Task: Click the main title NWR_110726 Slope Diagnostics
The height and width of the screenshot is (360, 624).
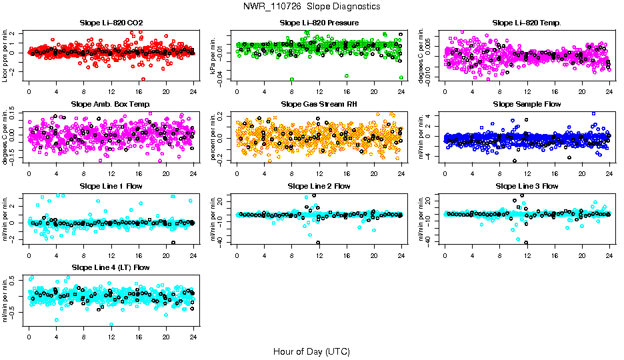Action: [x=311, y=6]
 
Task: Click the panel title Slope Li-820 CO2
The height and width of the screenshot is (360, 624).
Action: [x=111, y=23]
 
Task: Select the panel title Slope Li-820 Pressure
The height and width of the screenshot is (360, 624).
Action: [x=319, y=23]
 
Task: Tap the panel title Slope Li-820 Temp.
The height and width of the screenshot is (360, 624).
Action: [x=527, y=23]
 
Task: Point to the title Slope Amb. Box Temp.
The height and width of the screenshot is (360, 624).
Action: [x=111, y=104]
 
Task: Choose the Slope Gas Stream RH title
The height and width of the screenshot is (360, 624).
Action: [x=319, y=104]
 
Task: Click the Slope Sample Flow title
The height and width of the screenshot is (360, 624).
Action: [x=527, y=104]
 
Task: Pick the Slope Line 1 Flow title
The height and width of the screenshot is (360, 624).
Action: [x=111, y=186]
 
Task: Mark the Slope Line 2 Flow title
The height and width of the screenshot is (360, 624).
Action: [x=319, y=186]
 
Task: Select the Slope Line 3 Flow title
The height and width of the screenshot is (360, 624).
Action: [x=527, y=186]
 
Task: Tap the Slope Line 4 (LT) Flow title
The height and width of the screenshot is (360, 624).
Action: [x=111, y=267]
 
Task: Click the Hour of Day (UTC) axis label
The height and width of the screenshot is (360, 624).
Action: [x=311, y=351]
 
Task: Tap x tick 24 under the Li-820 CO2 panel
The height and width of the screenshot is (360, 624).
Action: [x=194, y=91]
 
